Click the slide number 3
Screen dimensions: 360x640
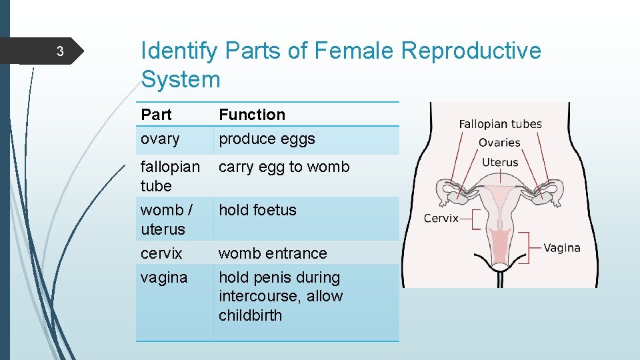pos(59,52)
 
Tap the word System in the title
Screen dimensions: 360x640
pos(180,79)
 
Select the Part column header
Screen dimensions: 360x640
pos(156,115)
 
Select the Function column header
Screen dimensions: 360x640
pos(251,115)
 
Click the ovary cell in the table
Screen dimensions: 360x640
pos(160,139)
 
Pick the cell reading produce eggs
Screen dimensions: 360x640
pos(267,139)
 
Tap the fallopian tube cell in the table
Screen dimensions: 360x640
pos(169,176)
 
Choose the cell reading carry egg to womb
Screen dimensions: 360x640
pos(284,167)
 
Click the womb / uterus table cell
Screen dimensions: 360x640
pos(166,219)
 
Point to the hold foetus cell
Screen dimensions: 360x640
pos(257,210)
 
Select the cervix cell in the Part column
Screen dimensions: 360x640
pos(161,253)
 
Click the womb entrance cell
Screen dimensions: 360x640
pos(273,253)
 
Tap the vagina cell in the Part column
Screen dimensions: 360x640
pos(163,277)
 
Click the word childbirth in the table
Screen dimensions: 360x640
pos(250,315)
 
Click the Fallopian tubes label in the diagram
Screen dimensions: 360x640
pos(500,124)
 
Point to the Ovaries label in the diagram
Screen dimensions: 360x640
pos(499,143)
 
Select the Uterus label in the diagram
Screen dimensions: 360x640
pos(500,162)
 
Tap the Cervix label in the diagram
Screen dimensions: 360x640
pos(441,218)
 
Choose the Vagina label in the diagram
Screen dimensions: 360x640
pos(561,248)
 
